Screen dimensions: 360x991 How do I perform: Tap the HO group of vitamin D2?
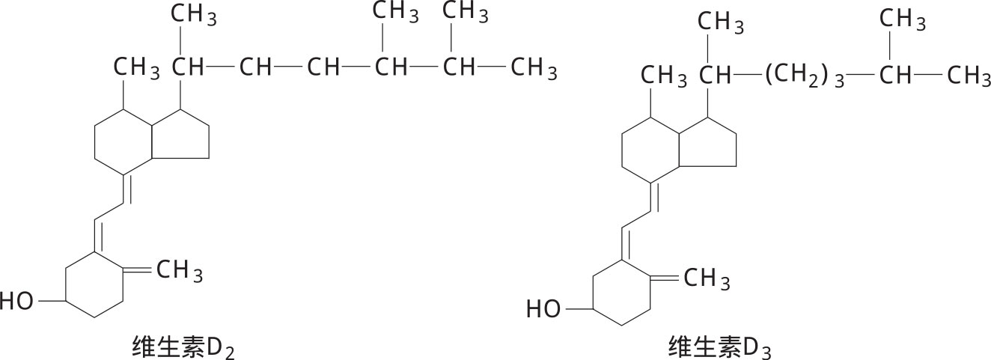coord(17,301)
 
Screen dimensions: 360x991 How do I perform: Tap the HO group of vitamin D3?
coord(543,308)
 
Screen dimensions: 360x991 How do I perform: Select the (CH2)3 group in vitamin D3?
coord(804,76)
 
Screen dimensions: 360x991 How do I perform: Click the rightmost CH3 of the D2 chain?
coord(534,69)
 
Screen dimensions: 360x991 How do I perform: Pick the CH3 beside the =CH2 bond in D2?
coord(180,271)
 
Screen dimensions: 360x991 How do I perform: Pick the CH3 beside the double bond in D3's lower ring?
coord(707,279)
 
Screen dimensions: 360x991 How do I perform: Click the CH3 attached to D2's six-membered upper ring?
coord(137,69)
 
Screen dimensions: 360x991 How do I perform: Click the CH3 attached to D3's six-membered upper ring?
coord(665,76)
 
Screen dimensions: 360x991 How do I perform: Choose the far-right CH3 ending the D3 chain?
coord(969,76)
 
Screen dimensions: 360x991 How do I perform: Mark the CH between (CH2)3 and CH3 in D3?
coord(895,76)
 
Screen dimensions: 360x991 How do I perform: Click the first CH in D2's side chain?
coord(189,68)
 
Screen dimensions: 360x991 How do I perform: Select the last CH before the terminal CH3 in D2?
coord(459,68)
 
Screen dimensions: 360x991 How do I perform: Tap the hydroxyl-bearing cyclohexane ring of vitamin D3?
coord(623,293)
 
